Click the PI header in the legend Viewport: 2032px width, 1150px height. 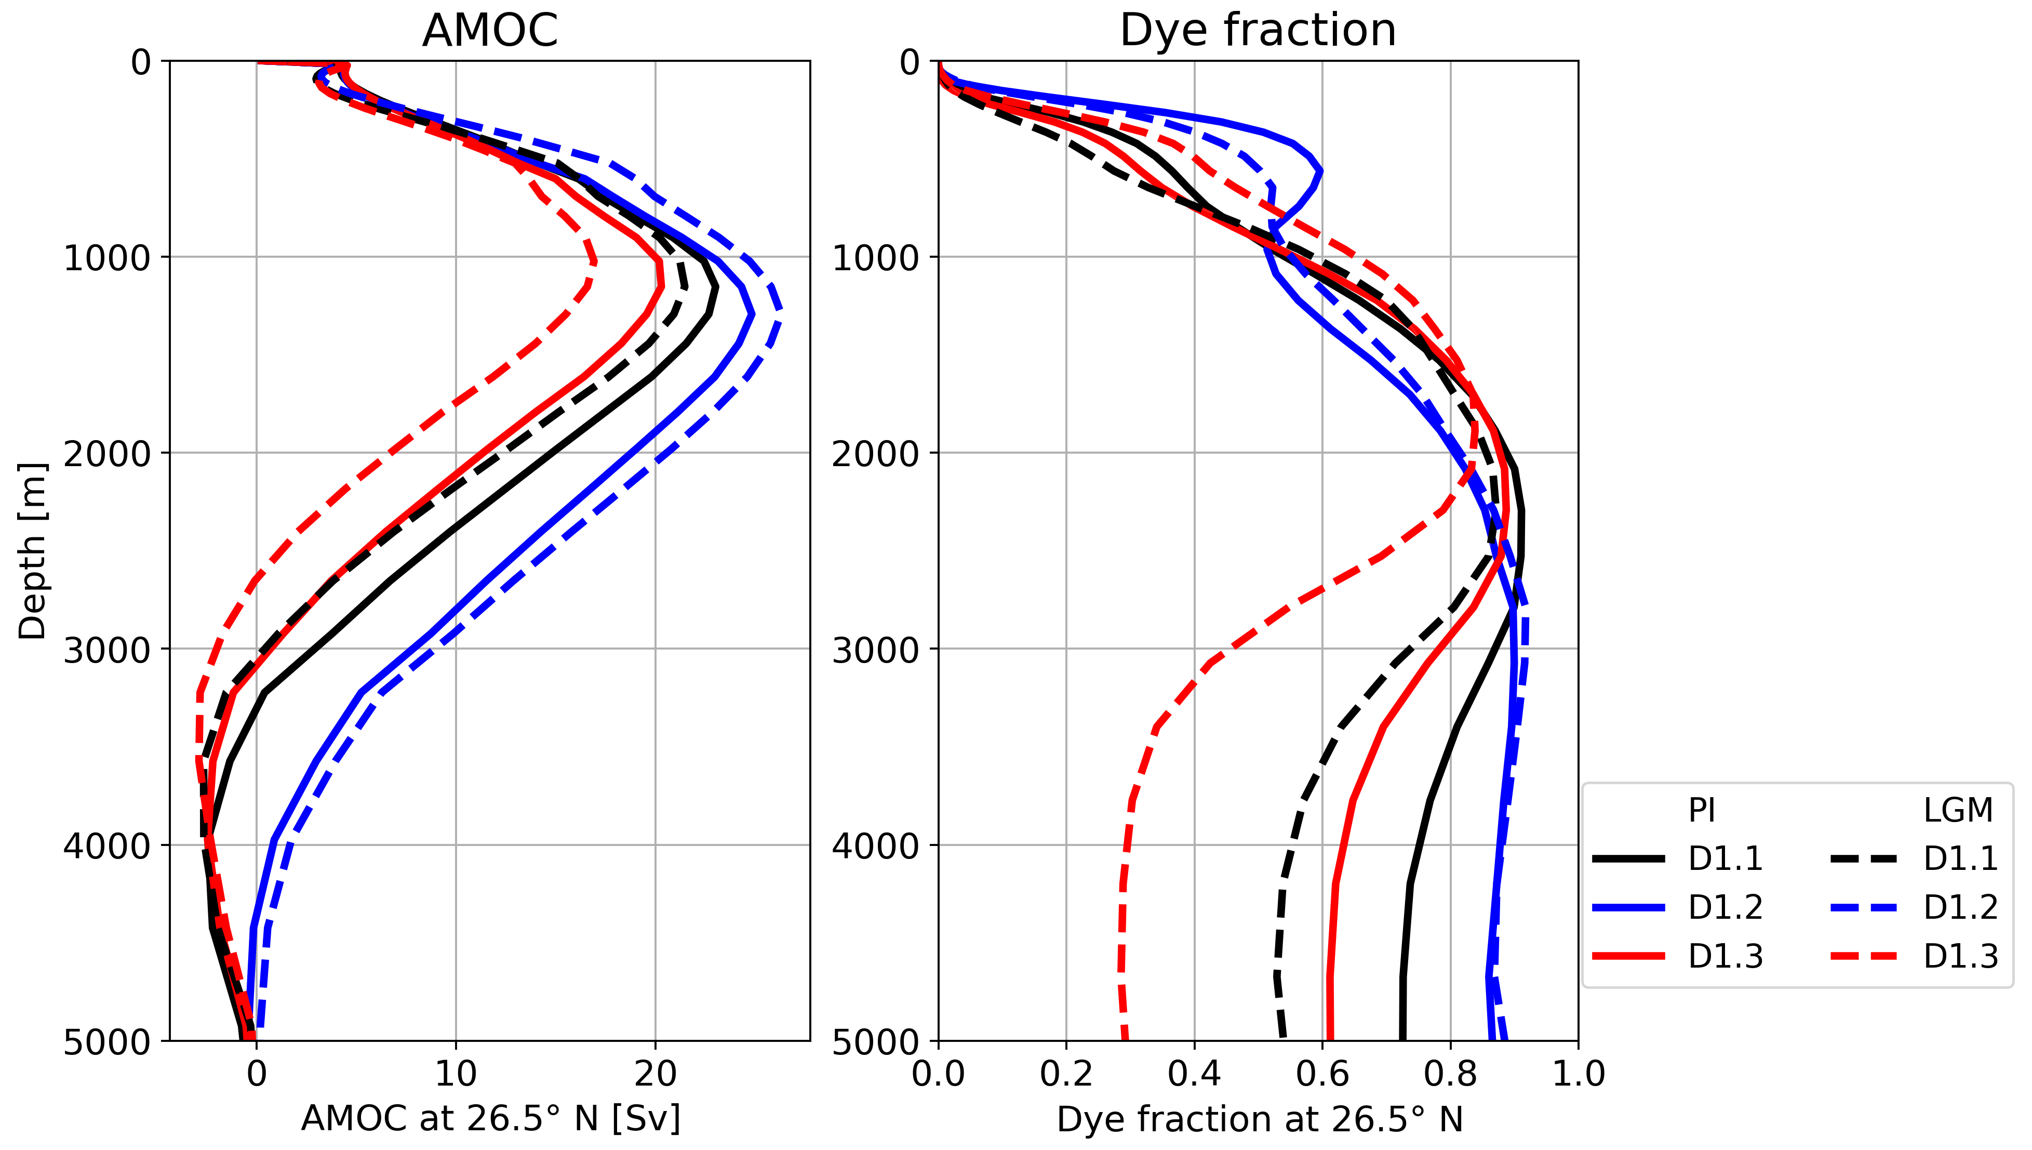point(1702,810)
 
